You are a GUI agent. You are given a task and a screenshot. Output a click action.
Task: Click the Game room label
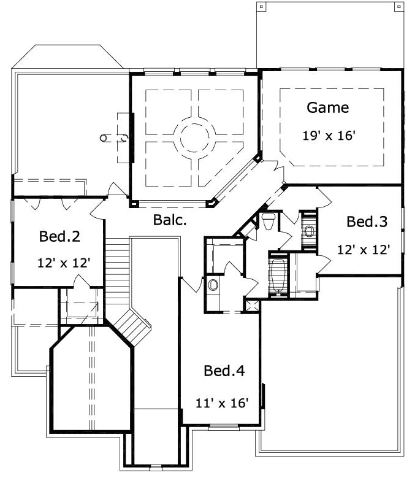tap(327, 108)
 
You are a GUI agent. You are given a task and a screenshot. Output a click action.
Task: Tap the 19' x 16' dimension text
tap(329, 136)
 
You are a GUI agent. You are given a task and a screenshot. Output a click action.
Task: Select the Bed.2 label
tap(60, 236)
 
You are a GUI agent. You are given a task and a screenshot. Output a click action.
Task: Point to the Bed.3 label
tap(367, 222)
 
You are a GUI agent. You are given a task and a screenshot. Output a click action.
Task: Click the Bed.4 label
tap(224, 371)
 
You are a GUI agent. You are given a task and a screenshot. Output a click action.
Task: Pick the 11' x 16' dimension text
tap(222, 403)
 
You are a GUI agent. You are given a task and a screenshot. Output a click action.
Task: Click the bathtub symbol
tap(278, 275)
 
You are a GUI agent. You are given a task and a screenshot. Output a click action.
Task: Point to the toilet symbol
tap(268, 220)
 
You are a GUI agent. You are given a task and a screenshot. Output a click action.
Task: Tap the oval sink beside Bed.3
tap(308, 231)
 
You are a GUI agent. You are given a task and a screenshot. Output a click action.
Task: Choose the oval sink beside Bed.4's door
tap(213, 285)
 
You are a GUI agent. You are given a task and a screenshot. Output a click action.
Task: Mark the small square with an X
tap(250, 305)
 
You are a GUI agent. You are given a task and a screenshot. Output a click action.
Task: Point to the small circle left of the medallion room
tap(104, 138)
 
